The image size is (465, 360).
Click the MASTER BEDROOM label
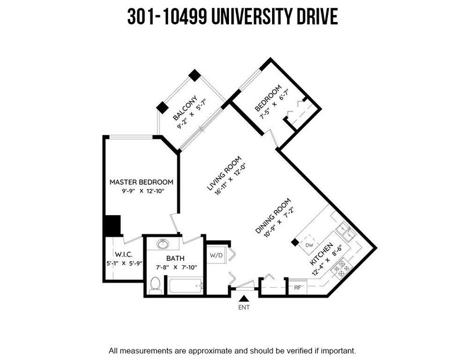(141, 182)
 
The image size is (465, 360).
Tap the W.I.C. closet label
(124, 254)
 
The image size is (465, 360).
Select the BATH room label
(176, 258)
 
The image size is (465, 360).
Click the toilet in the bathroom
(155, 285)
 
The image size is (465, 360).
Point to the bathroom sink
(163, 244)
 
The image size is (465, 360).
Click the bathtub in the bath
(185, 286)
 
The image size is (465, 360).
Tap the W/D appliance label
(216, 255)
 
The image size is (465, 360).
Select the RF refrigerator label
(298, 287)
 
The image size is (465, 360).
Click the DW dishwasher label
(309, 245)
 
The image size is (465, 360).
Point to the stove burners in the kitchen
(342, 268)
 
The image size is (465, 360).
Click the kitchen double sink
(346, 232)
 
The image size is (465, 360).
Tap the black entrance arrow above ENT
(244, 298)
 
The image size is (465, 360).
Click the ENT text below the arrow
(244, 308)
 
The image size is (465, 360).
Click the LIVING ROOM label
(224, 173)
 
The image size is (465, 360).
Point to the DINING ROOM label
(273, 216)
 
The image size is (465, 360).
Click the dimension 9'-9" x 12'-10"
(143, 191)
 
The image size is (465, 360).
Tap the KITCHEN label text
(321, 254)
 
